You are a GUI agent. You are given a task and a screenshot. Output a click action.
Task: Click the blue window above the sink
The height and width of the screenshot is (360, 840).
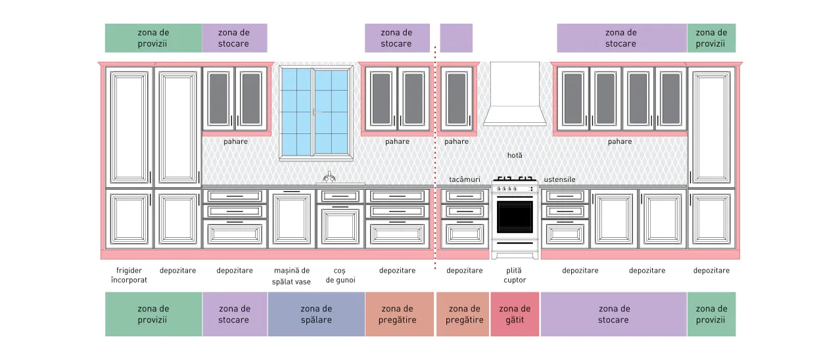click(315, 112)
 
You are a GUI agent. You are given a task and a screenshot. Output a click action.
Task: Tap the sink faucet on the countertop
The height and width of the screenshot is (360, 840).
click(329, 177)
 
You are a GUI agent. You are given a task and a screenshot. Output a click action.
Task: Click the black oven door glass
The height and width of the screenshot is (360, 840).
click(515, 217)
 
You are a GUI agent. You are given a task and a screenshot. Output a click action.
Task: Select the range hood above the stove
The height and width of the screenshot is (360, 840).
click(515, 94)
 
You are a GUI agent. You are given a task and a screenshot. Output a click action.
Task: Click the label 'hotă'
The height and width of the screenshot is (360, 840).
click(515, 155)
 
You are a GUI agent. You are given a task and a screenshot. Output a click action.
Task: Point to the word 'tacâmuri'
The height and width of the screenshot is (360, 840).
click(465, 179)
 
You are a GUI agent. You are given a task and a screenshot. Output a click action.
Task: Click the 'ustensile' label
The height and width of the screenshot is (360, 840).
click(559, 179)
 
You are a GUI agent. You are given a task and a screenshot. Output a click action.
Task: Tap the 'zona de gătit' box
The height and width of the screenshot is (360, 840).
click(515, 314)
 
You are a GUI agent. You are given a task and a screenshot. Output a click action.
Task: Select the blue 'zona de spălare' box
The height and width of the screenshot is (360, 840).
click(316, 314)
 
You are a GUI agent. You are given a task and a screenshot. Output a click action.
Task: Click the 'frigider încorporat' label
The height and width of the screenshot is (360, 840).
click(129, 275)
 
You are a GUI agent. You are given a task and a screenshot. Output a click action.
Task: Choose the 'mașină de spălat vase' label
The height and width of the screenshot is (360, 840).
click(291, 276)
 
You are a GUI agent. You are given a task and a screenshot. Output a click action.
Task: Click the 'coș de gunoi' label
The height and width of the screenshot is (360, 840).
click(340, 275)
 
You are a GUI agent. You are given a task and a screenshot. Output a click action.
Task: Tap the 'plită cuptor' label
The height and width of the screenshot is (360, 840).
click(515, 275)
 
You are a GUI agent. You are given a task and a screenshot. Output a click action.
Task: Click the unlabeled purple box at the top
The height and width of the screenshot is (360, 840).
click(456, 38)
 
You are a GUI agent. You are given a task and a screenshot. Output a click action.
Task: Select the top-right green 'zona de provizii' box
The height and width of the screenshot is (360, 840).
click(711, 38)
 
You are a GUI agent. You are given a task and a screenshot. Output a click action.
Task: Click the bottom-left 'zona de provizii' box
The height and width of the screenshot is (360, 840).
click(153, 314)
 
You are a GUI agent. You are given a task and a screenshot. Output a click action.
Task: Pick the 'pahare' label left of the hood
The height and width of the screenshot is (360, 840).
click(456, 141)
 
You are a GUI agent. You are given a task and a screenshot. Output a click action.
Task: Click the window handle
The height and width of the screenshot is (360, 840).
click(317, 112)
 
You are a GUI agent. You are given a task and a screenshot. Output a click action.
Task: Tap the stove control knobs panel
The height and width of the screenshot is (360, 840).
click(515, 189)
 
